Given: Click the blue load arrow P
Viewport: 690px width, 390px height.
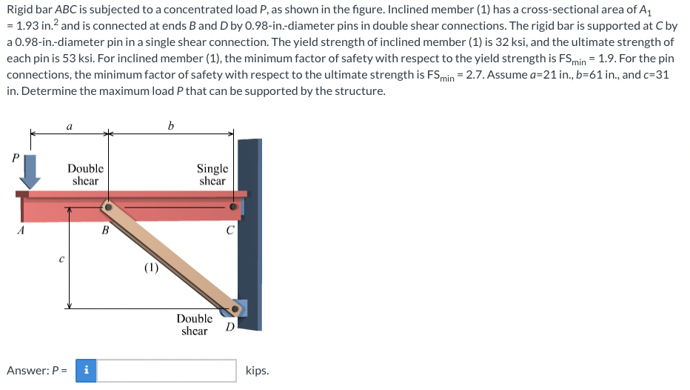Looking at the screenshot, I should [x=30, y=174].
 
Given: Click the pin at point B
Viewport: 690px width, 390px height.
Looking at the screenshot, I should [x=108, y=208].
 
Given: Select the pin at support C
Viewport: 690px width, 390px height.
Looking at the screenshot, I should [x=235, y=208].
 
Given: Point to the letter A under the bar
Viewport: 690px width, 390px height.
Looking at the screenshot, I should [x=21, y=230].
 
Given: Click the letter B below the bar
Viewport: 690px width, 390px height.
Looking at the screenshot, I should [x=105, y=230].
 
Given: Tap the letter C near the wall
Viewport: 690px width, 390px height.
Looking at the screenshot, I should [x=231, y=230].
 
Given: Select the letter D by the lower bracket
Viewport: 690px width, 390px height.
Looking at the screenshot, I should [x=230, y=327].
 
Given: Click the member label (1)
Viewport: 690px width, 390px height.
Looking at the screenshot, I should [x=150, y=268].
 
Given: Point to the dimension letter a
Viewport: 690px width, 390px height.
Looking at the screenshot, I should [x=69, y=127].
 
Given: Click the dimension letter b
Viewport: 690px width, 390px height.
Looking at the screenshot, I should [x=171, y=126].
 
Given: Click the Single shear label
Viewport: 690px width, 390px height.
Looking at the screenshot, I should [x=212, y=175].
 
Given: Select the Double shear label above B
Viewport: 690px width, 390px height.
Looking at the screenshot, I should [x=86, y=175].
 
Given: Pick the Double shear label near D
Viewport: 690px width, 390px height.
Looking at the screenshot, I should [x=194, y=325].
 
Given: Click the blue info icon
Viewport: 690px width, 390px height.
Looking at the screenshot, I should [x=87, y=370].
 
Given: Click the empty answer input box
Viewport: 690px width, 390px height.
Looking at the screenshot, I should [x=167, y=370].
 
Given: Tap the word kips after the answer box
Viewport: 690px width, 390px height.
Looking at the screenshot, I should [x=257, y=370].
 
